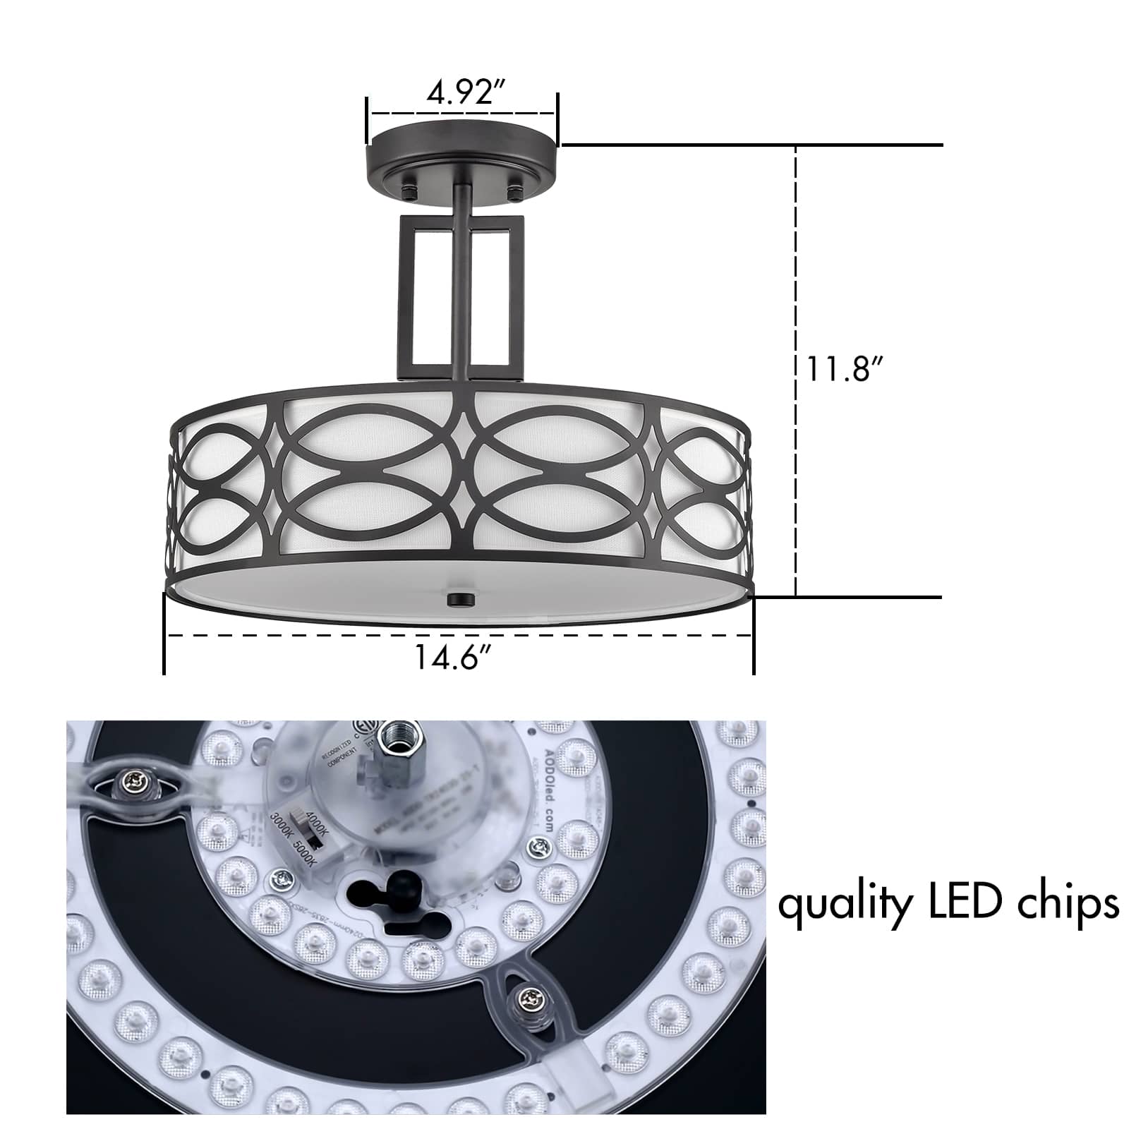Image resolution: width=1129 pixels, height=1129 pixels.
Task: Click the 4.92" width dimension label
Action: pyautogui.click(x=461, y=92)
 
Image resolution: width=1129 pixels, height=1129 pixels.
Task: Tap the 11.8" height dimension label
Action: pyautogui.click(x=844, y=369)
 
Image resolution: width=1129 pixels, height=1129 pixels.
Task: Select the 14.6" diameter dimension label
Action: pyautogui.click(x=452, y=658)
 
